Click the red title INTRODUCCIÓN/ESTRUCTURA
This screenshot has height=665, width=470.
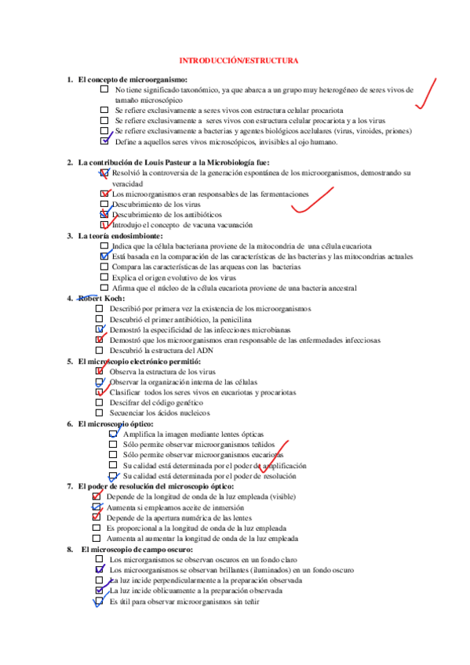(239, 60)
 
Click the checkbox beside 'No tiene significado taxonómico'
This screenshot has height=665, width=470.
(104, 90)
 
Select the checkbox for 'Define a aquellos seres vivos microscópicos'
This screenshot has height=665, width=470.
(104, 142)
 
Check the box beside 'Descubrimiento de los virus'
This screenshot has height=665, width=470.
(104, 204)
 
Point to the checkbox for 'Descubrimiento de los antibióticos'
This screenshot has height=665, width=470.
(104, 214)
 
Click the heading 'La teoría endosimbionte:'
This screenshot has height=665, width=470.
(120, 235)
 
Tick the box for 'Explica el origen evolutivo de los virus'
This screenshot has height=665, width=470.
(104, 278)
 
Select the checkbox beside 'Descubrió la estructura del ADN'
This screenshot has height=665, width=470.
(99, 351)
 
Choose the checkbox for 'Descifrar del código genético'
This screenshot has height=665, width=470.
(99, 402)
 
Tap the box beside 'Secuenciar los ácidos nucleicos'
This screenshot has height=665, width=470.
(99, 412)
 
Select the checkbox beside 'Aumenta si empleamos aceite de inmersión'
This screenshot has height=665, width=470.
(97, 507)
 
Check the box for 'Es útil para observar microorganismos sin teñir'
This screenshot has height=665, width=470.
(100, 601)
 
